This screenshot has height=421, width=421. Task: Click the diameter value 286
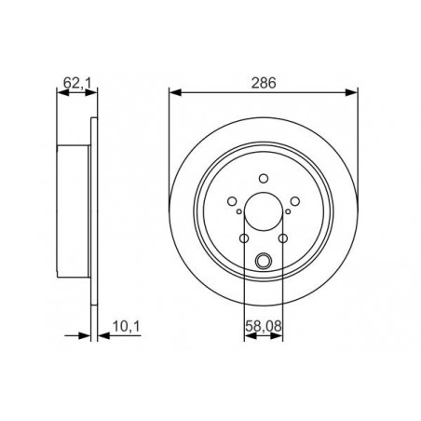264,83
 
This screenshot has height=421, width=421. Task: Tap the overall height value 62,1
76,83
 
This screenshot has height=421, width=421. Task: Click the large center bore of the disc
264,211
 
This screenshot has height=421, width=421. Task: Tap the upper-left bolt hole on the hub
231,200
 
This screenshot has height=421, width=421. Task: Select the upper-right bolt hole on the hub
295,200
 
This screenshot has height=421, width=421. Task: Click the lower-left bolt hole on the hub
244,238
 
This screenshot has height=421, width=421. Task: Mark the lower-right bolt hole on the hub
283,238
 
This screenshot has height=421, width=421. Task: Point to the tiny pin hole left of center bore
239,211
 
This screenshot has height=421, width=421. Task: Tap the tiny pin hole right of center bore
288,211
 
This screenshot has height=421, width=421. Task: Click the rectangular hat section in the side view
75,211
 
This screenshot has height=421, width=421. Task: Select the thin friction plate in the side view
93,211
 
